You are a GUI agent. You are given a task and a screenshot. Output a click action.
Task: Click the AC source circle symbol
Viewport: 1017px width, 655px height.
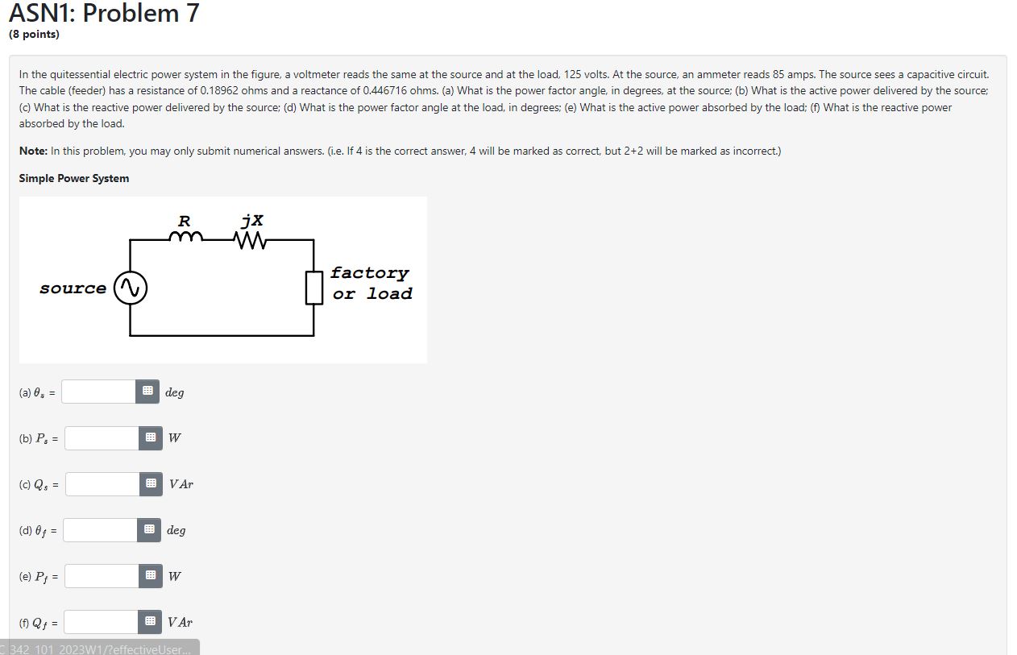(130, 288)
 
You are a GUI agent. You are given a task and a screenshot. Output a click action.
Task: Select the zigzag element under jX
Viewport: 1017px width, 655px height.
(251, 238)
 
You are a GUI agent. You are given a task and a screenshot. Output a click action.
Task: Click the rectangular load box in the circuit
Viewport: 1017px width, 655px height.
(313, 288)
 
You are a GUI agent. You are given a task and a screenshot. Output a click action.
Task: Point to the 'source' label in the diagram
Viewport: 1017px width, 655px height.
(73, 288)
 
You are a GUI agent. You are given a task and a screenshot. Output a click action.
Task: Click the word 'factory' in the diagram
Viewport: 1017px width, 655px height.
(369, 273)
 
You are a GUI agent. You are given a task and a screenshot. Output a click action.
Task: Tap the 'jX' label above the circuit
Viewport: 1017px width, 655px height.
(252, 220)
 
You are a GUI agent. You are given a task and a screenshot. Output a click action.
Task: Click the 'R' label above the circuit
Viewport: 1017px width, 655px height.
(184, 221)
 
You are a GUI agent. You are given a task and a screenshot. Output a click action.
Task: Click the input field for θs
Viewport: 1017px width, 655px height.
(98, 392)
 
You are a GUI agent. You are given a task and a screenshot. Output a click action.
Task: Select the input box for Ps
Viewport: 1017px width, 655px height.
(102, 437)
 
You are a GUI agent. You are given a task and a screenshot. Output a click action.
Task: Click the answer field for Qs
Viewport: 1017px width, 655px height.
(102, 483)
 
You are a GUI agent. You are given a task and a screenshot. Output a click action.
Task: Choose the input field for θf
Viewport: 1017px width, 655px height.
(100, 529)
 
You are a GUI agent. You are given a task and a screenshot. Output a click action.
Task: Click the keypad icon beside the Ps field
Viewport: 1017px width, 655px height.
(150, 437)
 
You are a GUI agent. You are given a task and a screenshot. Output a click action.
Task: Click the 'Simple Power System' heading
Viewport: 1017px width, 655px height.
(74, 178)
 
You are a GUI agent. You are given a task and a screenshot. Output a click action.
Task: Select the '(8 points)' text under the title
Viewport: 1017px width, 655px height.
(34, 34)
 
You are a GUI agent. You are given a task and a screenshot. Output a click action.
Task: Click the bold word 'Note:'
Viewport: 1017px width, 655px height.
(33, 151)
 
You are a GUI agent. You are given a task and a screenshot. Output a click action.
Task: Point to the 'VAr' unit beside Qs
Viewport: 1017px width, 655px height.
(181, 484)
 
